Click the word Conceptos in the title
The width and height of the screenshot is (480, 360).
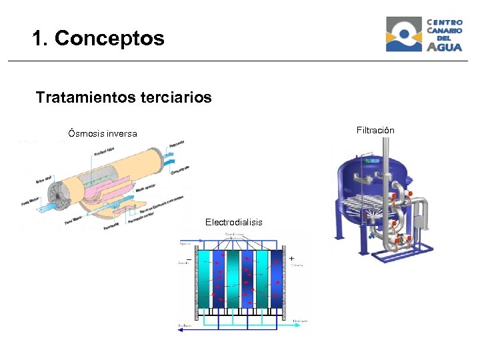[109, 39]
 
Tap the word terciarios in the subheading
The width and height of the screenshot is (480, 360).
[176, 98]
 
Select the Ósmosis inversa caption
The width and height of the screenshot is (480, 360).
[103, 134]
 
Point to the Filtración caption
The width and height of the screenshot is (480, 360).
[375, 130]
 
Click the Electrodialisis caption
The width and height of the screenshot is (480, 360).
[233, 222]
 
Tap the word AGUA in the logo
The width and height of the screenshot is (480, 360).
[444, 47]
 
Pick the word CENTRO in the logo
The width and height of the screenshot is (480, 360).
[445, 22]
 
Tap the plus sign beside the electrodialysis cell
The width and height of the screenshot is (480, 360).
[292, 258]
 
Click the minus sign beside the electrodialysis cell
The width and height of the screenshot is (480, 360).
[189, 258]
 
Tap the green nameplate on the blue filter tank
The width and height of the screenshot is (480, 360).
[371, 161]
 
